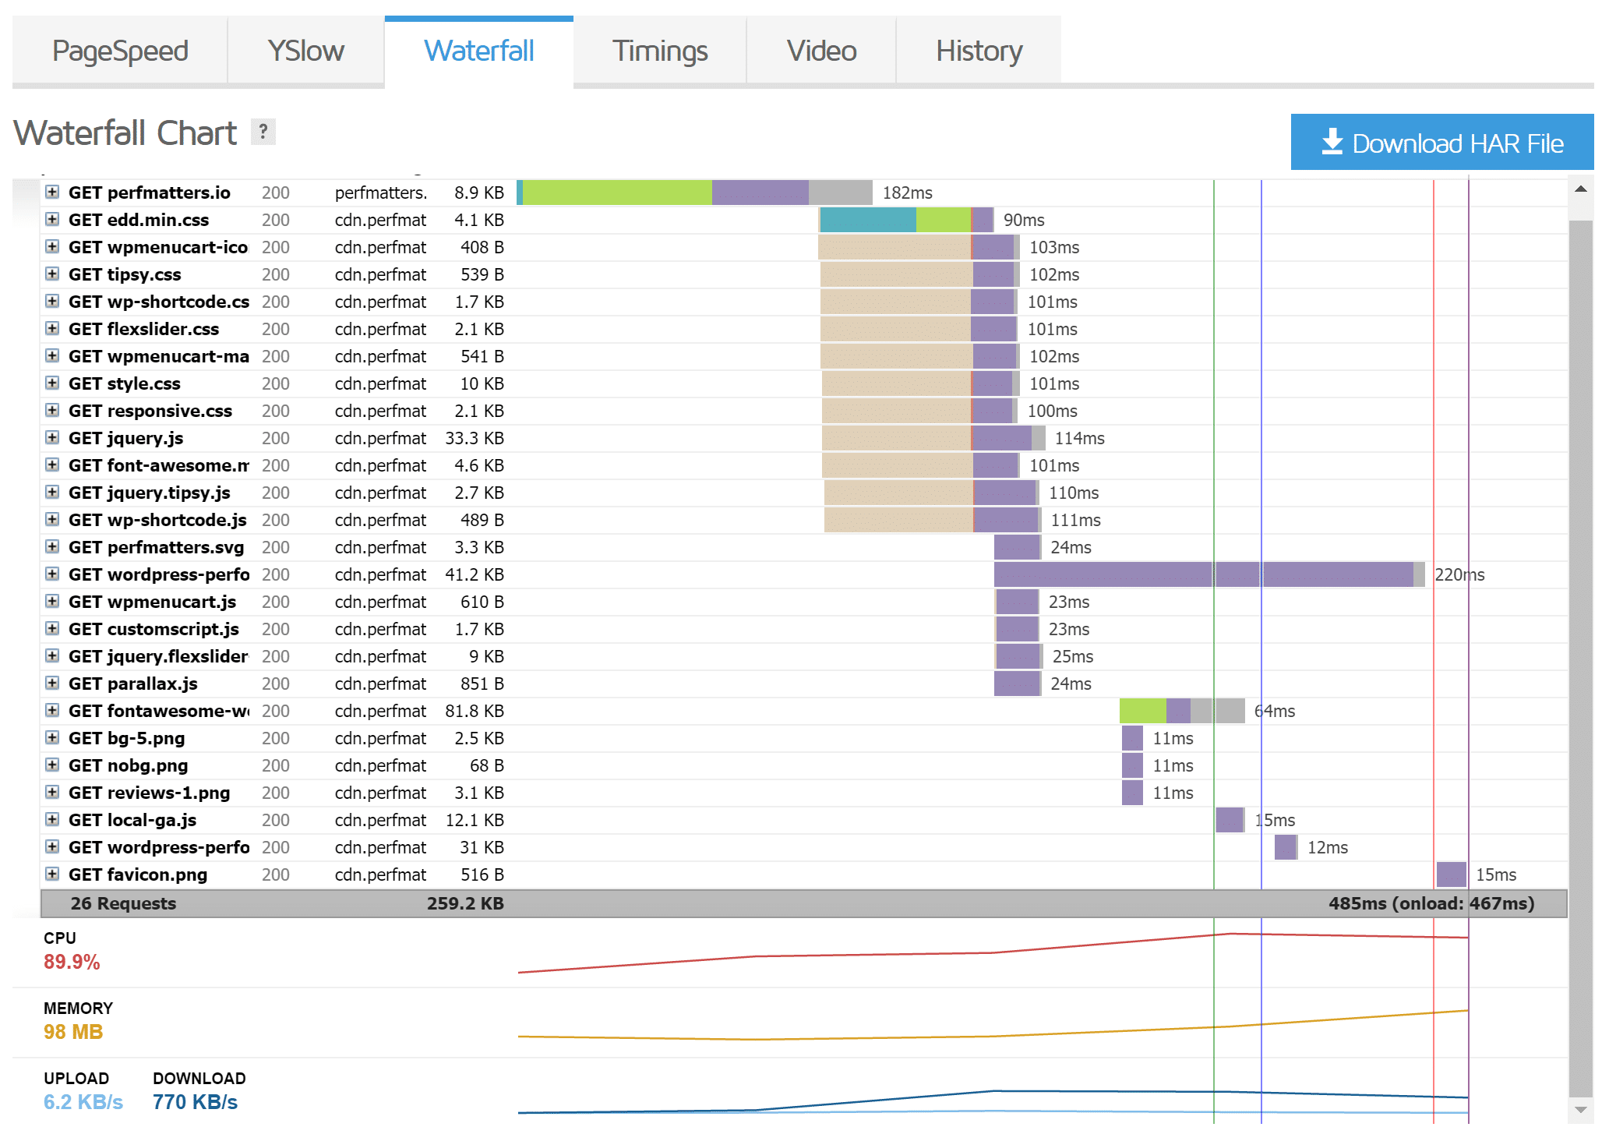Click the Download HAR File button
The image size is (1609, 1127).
[x=1441, y=143]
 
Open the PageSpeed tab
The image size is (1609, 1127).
[x=120, y=51]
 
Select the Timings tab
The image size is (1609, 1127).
[x=659, y=51]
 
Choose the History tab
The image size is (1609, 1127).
[x=979, y=51]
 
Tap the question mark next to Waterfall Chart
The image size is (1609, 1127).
[x=263, y=132]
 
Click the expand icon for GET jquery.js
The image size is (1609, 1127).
[x=52, y=437]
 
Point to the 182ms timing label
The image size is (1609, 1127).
[x=907, y=193]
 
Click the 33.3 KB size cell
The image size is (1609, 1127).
[x=474, y=438]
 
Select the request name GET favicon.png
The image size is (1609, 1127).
[x=138, y=874]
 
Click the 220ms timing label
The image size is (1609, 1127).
[x=1459, y=574]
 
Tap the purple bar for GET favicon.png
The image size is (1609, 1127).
[x=1451, y=874]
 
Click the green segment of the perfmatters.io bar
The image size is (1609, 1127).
[x=616, y=193]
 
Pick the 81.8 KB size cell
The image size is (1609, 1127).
[x=474, y=711]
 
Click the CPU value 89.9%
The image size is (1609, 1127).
[x=72, y=962]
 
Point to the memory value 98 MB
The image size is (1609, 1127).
[x=73, y=1032]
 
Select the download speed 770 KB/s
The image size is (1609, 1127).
[x=195, y=1102]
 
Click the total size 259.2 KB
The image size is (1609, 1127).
[x=465, y=903]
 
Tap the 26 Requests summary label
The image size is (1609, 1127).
[x=123, y=903]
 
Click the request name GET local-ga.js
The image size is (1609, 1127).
[x=132, y=820]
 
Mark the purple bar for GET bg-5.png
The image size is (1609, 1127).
[x=1132, y=738]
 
